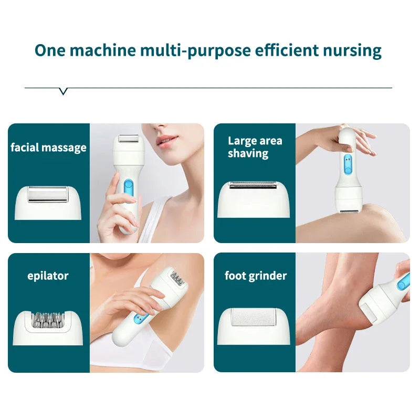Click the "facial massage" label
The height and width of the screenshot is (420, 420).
click(x=48, y=148)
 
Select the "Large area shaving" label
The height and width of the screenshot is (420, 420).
click(x=255, y=147)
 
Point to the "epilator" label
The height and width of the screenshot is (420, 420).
click(x=48, y=276)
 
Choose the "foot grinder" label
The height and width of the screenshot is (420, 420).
click(x=256, y=276)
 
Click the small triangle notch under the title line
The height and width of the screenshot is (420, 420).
click(x=64, y=91)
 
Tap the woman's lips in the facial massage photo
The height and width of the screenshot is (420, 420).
click(x=166, y=141)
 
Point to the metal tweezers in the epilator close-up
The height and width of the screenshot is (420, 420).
click(x=48, y=318)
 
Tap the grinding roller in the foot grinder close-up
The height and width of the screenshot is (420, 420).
click(x=254, y=319)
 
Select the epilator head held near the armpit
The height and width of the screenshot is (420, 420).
click(x=176, y=278)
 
